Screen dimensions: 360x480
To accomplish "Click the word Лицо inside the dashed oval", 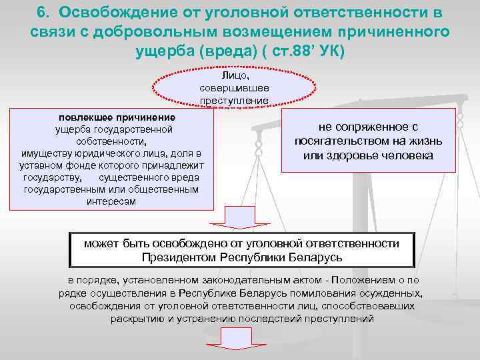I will coord(234,77).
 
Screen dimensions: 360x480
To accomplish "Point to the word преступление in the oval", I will coord(234,101).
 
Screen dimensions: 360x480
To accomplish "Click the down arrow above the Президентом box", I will coord(234,217).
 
